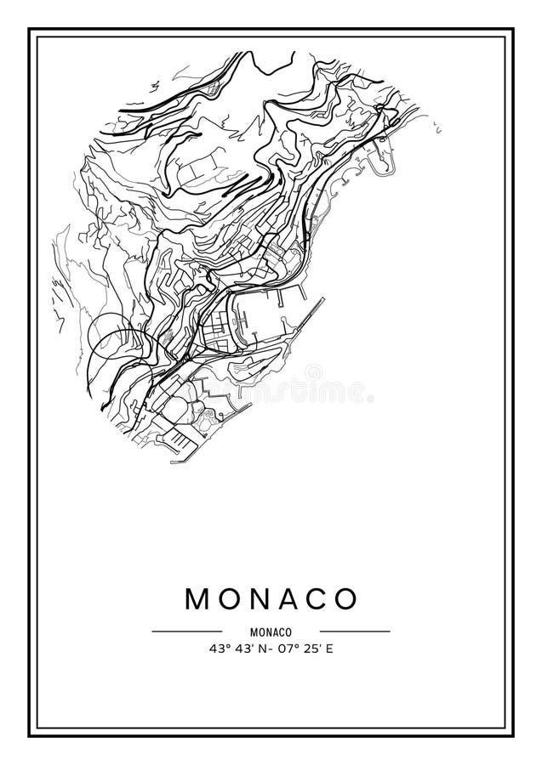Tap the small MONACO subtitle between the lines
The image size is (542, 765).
click(x=271, y=632)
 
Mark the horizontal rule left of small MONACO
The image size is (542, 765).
click(x=186, y=632)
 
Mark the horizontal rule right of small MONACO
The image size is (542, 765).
click(x=355, y=632)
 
